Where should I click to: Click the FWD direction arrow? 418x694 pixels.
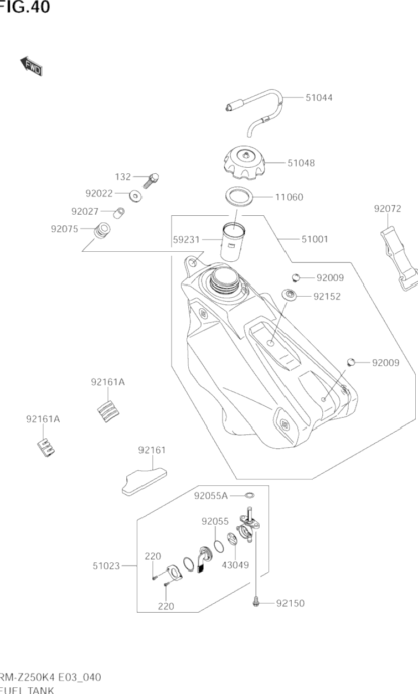coord(31,66)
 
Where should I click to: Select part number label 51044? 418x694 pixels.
coord(319,97)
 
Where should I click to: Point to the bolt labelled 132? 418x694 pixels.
coord(151,179)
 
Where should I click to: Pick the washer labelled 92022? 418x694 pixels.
coord(133,196)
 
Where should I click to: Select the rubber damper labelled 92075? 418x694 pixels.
coord(101,230)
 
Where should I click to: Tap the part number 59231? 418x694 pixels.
coord(186,240)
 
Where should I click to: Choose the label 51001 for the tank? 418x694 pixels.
coord(315,240)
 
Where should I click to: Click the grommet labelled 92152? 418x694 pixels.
coord(289,294)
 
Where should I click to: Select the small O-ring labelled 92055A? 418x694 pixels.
coord(250,495)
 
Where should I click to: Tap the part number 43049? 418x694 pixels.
coord(235,565)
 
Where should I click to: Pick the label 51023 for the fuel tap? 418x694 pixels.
coord(106,566)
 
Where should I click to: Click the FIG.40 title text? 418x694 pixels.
coord(24,7)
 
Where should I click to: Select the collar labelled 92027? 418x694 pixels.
coord(118,212)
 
